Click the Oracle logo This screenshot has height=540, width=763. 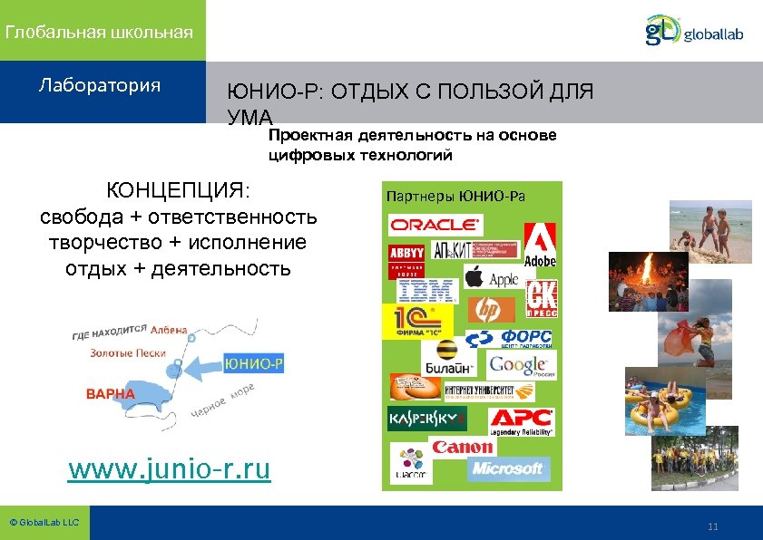click(435, 224)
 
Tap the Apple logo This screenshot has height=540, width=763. click(493, 277)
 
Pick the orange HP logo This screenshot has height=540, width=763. click(491, 310)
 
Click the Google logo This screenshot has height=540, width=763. click(521, 365)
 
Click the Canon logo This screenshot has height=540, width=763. click(463, 447)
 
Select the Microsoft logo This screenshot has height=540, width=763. click(507, 468)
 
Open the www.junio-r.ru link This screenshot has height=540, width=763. click(170, 469)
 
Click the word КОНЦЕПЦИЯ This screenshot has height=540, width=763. click(178, 191)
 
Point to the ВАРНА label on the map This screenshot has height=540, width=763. click(110, 394)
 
